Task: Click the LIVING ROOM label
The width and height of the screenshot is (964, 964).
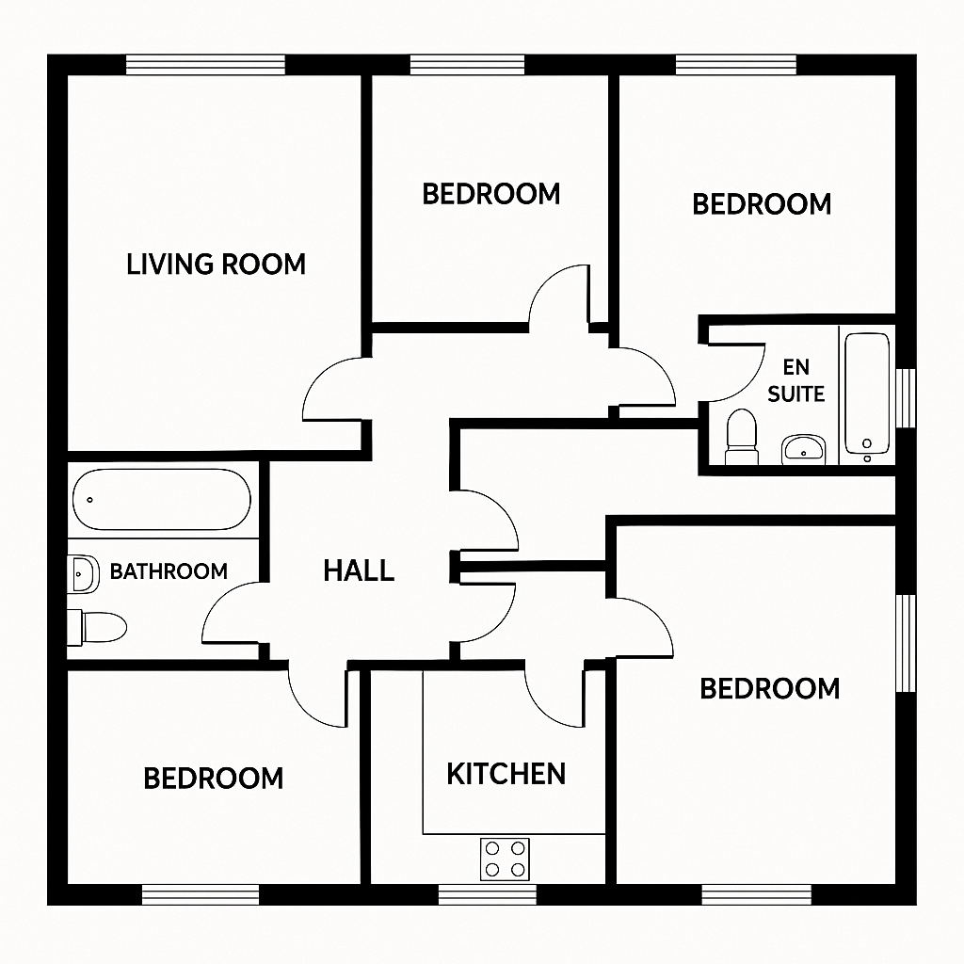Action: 217,264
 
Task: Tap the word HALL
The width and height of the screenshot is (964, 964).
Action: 359,570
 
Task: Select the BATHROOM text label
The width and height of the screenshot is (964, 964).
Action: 169,571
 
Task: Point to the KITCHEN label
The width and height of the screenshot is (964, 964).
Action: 506,774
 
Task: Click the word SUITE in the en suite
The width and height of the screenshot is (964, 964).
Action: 795,394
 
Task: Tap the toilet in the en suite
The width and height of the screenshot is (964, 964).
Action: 742,438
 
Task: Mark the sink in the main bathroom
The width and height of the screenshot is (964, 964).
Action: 84,573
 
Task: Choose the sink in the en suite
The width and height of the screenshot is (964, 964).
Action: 803,448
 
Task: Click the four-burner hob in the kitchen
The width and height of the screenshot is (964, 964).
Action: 505,859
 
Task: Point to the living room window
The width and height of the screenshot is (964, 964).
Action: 205,64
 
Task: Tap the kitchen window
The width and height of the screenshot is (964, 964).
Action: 488,892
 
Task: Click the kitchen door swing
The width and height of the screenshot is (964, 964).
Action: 555,697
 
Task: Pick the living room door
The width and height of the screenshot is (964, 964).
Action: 334,391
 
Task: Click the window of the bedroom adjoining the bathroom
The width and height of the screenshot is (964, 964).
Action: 201,892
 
